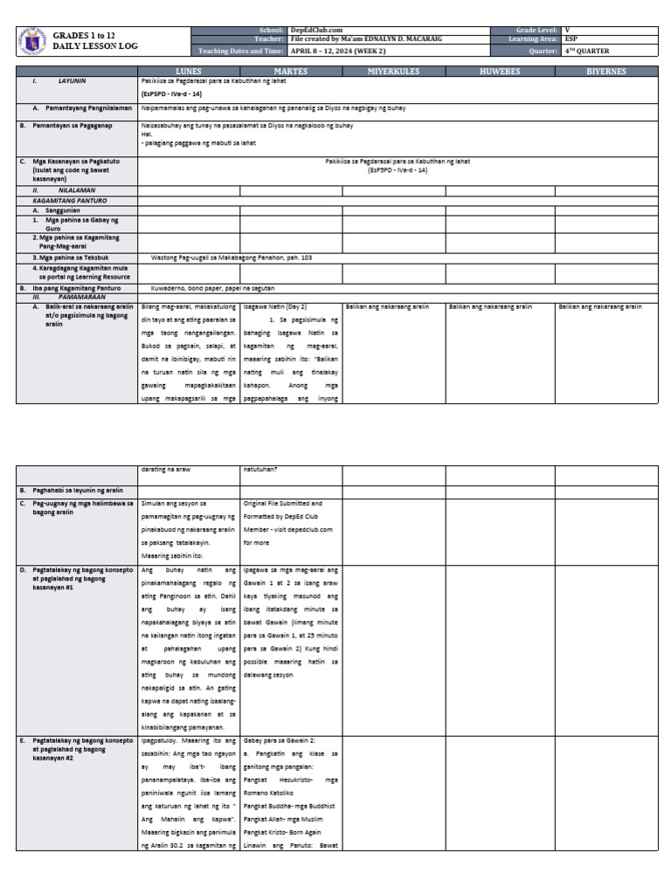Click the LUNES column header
pyautogui.click(x=189, y=72)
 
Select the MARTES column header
pyautogui.click(x=291, y=72)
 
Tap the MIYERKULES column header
pyautogui.click(x=393, y=72)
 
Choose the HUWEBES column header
pyautogui.click(x=500, y=72)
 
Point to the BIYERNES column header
pyautogui.click(x=605, y=72)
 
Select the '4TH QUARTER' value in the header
pyautogui.click(x=587, y=51)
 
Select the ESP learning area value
pyautogui.click(x=571, y=39)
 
